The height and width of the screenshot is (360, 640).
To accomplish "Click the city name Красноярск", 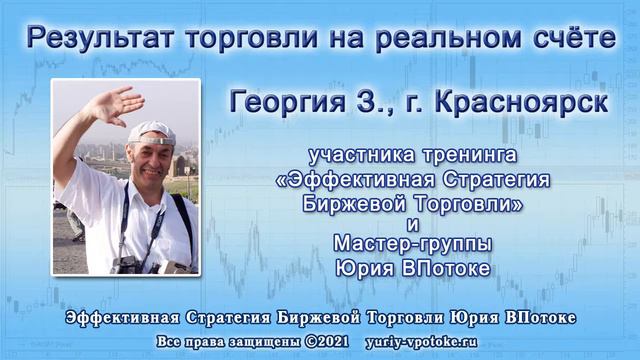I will pyautogui.click(x=525, y=100).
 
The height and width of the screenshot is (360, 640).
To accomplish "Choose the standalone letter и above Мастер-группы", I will pyautogui.click(x=413, y=222).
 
